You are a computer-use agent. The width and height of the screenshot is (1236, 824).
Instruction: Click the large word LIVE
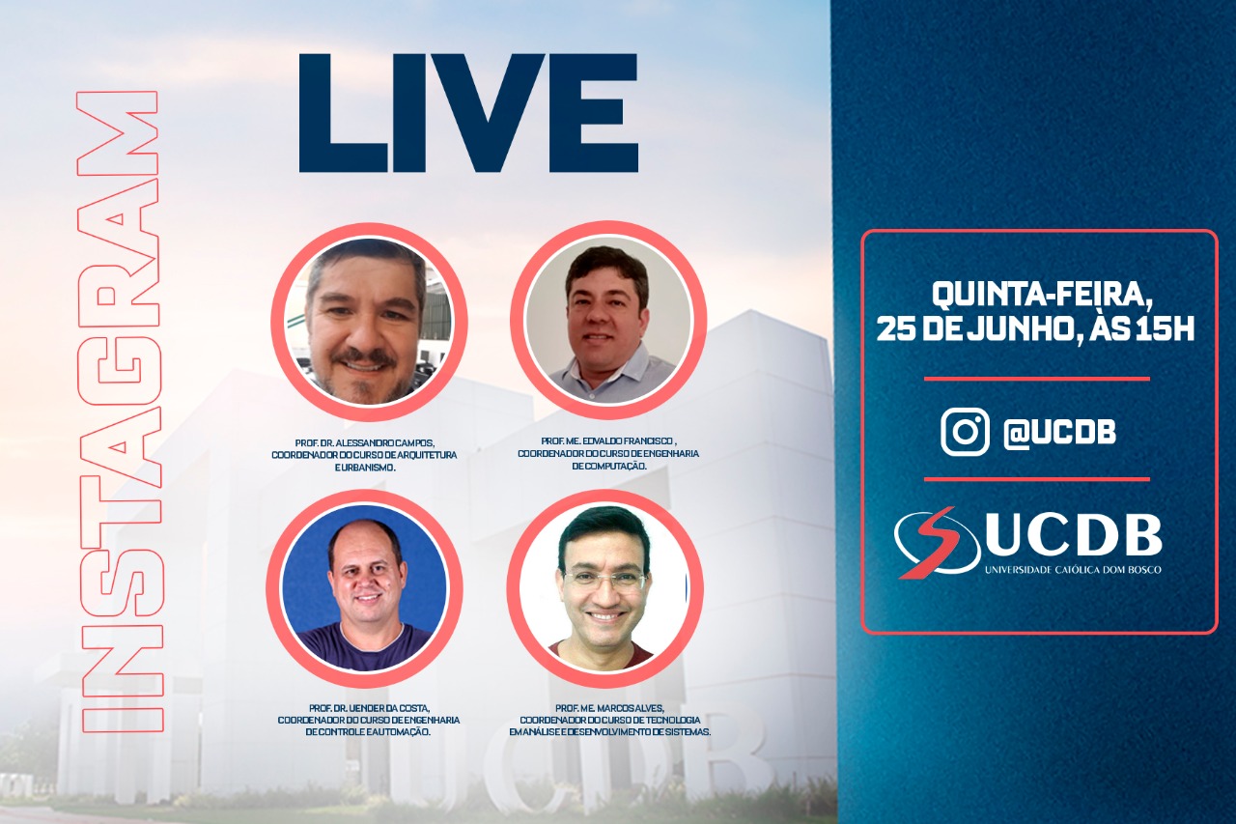[467, 114]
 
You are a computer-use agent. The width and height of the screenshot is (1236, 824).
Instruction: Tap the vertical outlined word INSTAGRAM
[119, 411]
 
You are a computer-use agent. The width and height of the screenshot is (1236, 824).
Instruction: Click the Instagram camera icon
[965, 432]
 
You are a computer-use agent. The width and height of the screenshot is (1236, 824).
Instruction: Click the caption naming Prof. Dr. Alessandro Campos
[365, 442]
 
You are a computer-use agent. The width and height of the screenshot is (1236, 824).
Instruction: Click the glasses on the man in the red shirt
[605, 580]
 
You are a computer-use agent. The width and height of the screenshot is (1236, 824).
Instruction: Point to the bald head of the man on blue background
[365, 534]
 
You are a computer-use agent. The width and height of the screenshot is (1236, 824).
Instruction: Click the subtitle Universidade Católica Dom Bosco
[1072, 569]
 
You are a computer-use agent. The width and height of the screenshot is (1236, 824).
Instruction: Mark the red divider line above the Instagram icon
[1036, 380]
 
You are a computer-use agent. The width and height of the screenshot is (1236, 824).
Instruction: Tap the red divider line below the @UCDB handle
[1036, 479]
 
